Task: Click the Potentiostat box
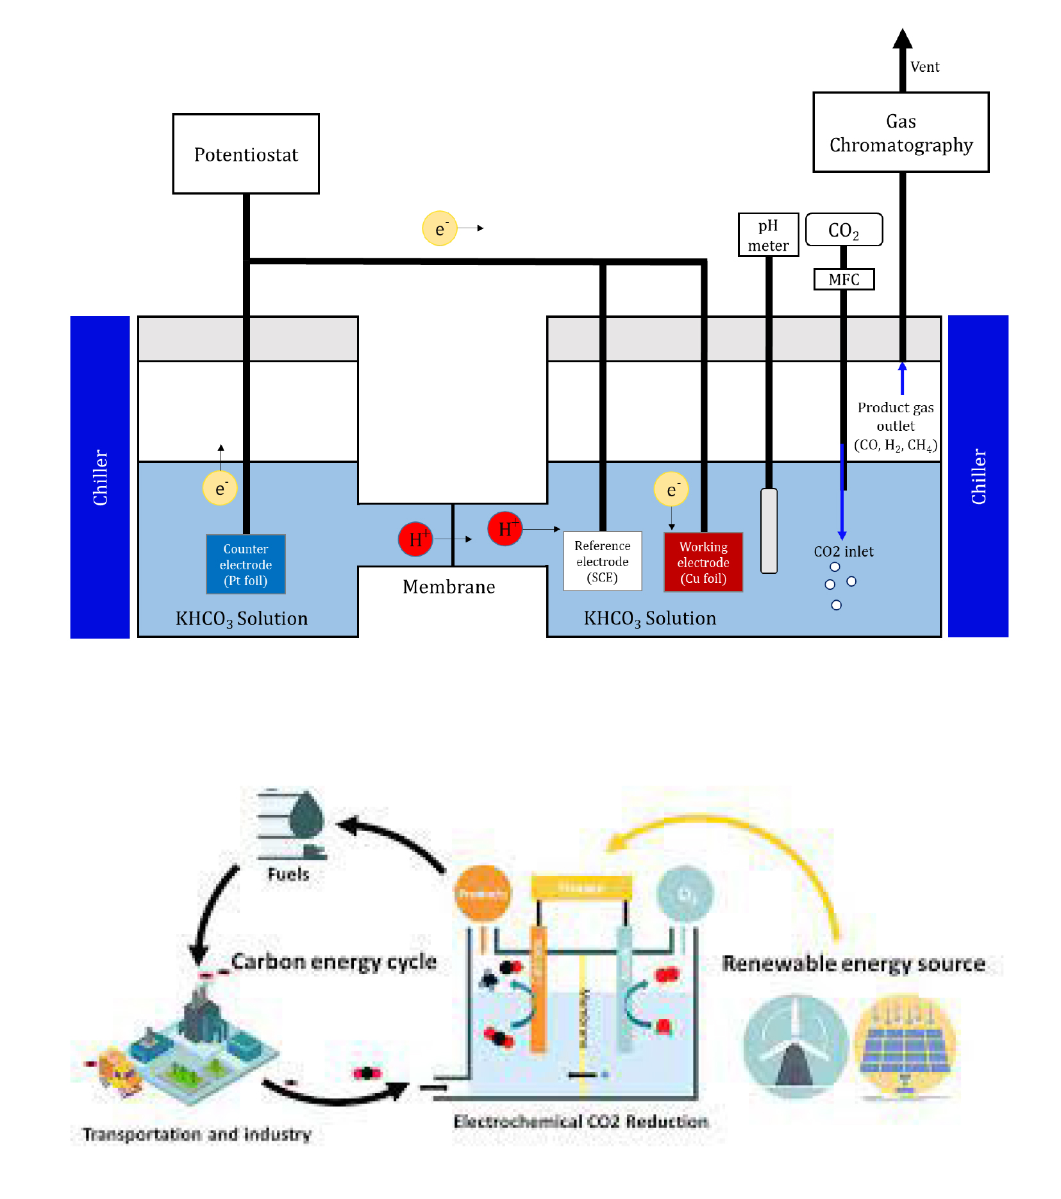tap(246, 154)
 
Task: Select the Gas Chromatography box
tap(900, 133)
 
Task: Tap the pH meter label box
tap(768, 235)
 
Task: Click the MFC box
tap(844, 280)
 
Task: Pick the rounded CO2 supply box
tap(844, 230)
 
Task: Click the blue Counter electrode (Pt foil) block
tap(246, 564)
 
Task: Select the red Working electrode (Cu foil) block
tap(703, 562)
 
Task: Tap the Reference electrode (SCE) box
tap(602, 561)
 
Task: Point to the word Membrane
tap(449, 587)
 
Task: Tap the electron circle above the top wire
tap(440, 228)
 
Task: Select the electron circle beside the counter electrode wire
tap(220, 488)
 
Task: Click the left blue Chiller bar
tap(100, 477)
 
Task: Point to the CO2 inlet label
tap(844, 551)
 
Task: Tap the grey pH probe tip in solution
tap(769, 531)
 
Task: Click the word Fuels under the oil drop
tap(288, 875)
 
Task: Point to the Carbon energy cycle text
tap(334, 962)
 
